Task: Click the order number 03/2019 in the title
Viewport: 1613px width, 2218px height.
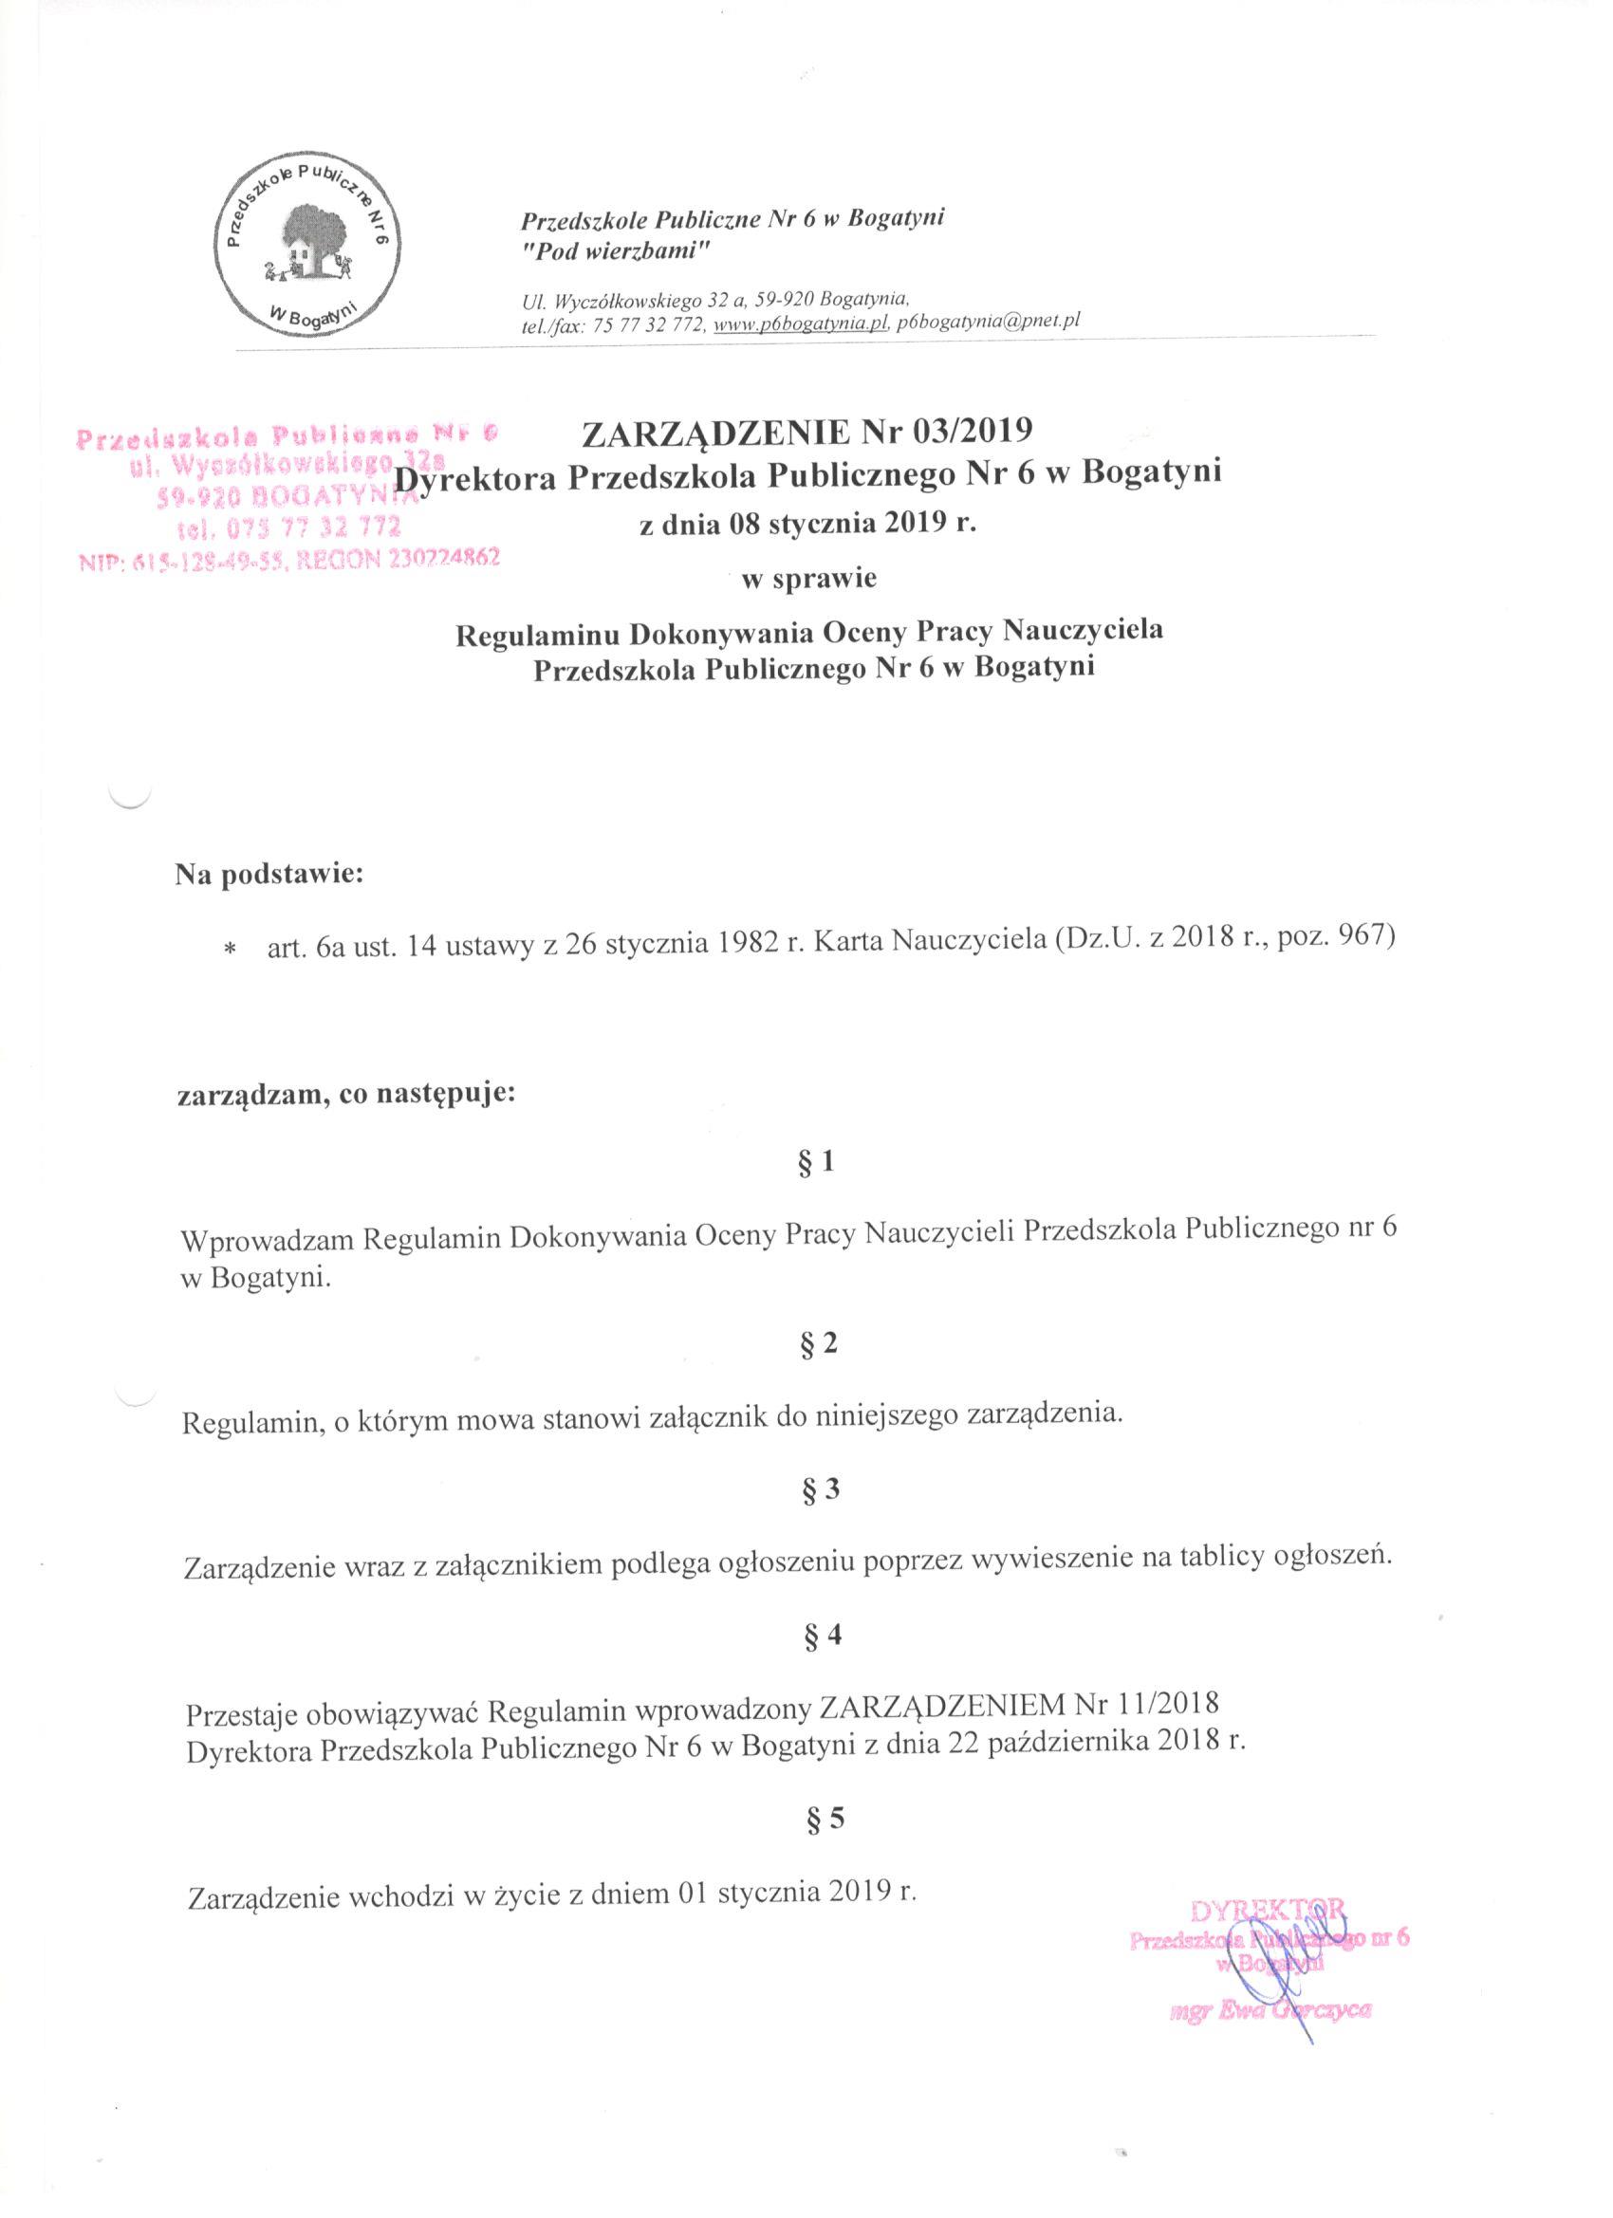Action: (x=966, y=432)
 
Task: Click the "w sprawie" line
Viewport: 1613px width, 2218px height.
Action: (x=809, y=578)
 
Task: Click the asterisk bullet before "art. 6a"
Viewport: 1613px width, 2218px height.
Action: (x=231, y=951)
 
